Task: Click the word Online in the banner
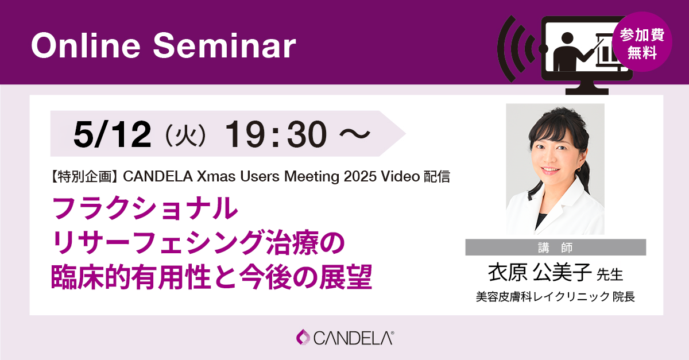(x=86, y=45)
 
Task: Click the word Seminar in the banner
(x=224, y=45)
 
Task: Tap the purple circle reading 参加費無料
(x=642, y=42)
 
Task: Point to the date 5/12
(x=113, y=134)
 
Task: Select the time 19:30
(x=276, y=134)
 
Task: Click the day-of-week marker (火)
(x=185, y=135)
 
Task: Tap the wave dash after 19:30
(x=355, y=134)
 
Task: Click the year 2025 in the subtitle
(x=360, y=176)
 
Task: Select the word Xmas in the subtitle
(x=216, y=176)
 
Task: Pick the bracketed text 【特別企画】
(x=85, y=177)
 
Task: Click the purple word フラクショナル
(x=145, y=208)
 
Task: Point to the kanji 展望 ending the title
(x=346, y=277)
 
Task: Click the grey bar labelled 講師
(x=556, y=247)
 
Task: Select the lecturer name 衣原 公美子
(x=540, y=272)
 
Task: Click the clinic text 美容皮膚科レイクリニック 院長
(x=556, y=297)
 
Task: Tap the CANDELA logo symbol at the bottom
(x=303, y=337)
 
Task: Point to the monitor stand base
(x=587, y=91)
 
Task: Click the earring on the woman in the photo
(x=579, y=169)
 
